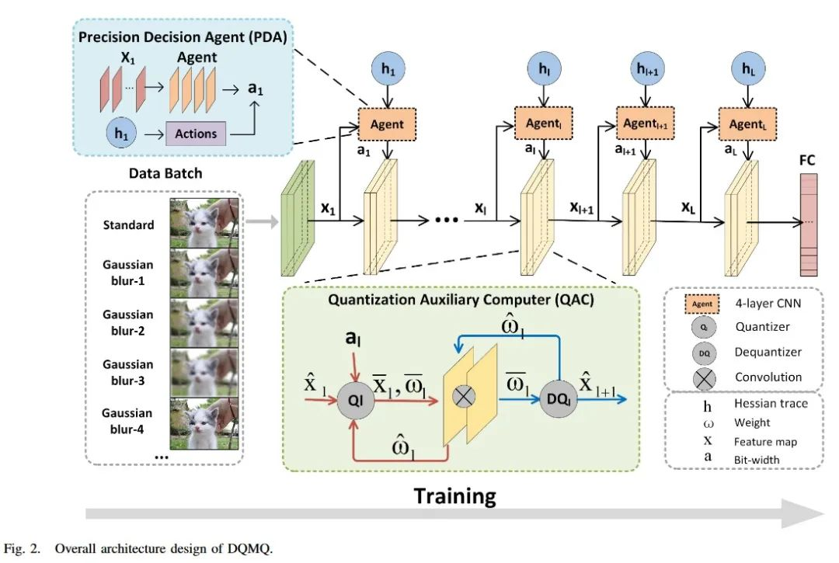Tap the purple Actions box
[196, 134]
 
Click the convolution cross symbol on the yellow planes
[463, 397]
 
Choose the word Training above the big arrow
[454, 496]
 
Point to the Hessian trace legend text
[771, 404]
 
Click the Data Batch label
[166, 172]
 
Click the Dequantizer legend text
[768, 352]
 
